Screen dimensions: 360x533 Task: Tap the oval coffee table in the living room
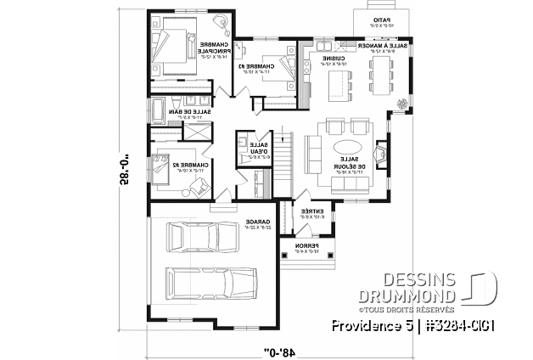tap(348, 148)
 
